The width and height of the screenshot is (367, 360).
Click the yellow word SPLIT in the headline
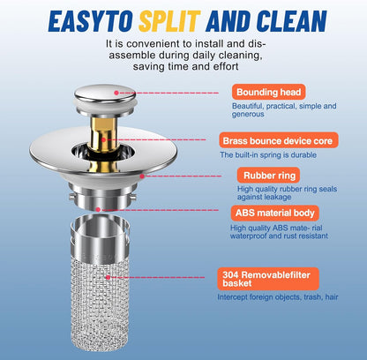tap(169, 21)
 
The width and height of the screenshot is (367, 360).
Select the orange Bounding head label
tap(268, 92)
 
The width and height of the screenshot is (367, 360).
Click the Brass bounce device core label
tap(279, 140)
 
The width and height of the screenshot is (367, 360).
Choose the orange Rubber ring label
tap(269, 176)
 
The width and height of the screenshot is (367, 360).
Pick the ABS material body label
tap(275, 213)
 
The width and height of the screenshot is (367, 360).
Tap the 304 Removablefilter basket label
tap(268, 279)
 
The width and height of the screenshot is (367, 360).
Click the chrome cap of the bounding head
tap(105, 94)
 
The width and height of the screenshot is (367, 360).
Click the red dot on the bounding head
tap(116, 93)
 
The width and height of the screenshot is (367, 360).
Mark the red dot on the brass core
tap(103, 139)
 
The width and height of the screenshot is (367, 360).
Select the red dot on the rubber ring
tap(142, 176)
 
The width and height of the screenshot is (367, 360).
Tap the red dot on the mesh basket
tap(108, 277)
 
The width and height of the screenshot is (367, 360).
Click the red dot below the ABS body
tap(98, 210)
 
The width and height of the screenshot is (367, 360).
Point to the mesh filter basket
tap(100, 282)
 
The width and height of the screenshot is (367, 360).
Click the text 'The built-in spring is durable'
tap(268, 154)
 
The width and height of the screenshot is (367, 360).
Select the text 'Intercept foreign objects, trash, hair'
tap(278, 297)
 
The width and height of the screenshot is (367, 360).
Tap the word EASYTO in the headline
tap(91, 21)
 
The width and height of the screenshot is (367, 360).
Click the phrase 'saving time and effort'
tap(185, 66)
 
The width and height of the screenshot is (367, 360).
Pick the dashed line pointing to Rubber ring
tap(183, 176)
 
